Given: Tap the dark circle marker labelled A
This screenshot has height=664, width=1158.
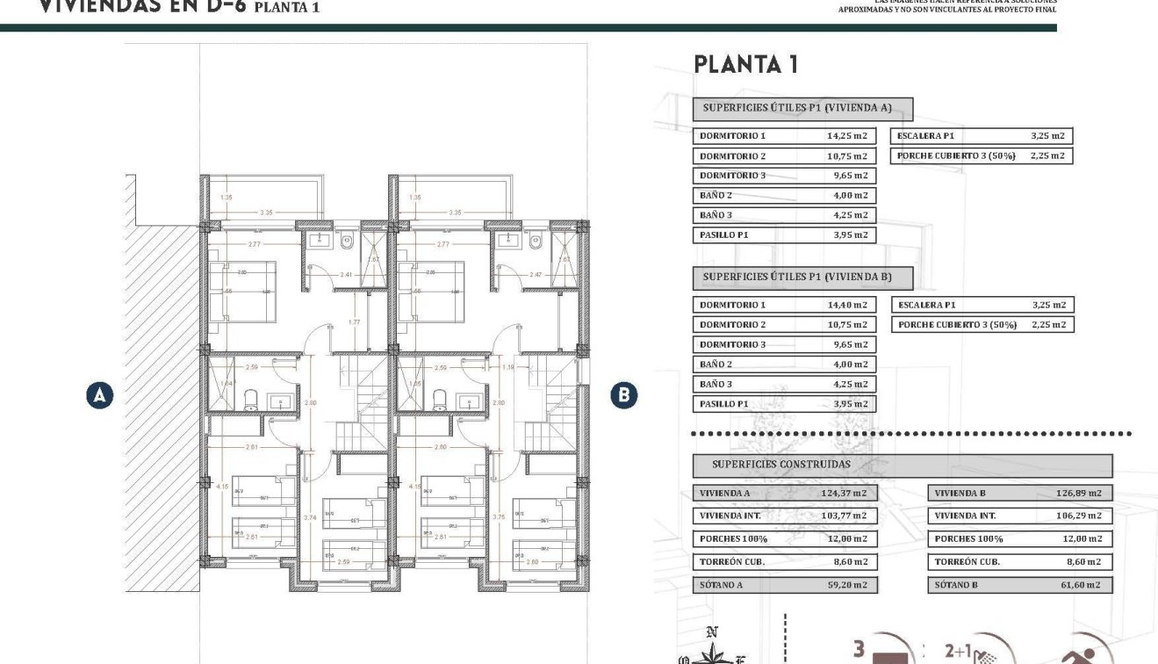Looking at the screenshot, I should click(99, 395).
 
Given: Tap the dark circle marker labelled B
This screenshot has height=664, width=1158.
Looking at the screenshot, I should click(623, 395).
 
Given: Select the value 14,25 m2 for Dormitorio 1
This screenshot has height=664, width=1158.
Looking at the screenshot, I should click(846, 136).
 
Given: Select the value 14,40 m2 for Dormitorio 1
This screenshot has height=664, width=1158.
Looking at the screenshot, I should click(846, 305).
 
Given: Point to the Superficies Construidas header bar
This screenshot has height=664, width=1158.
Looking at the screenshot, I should click(902, 465).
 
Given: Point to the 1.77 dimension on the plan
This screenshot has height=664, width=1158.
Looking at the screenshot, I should click(355, 321).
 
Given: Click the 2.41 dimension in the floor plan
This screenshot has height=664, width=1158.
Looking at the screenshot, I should click(347, 275).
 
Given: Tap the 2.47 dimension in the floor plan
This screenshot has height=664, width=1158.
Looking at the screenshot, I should click(536, 275).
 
